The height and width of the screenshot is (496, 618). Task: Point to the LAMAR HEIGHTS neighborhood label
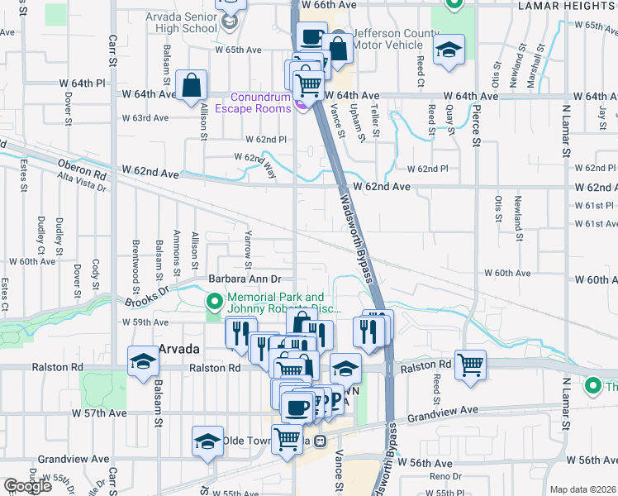click(x=568, y=6)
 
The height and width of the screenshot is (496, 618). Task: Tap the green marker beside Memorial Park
click(x=214, y=302)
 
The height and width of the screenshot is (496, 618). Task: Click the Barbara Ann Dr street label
click(x=245, y=280)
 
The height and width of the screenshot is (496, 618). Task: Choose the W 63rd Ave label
click(x=145, y=118)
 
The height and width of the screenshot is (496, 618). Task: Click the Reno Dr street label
click(x=444, y=477)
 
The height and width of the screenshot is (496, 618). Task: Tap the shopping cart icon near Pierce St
click(x=470, y=364)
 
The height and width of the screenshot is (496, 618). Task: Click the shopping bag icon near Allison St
click(x=191, y=83)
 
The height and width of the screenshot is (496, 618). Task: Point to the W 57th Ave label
click(x=99, y=413)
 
